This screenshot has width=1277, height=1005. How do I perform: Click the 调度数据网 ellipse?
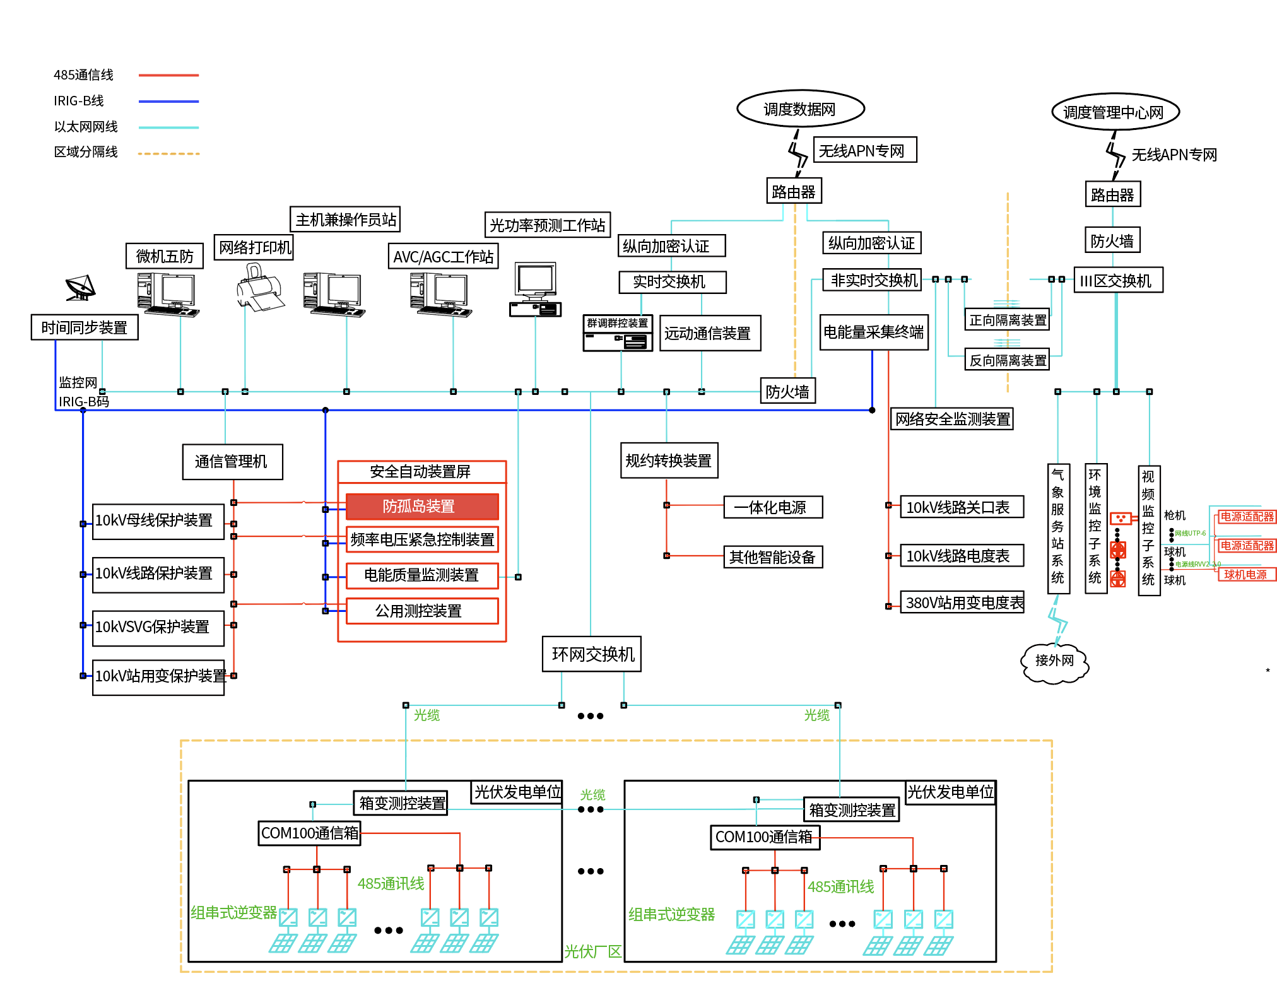click(x=800, y=109)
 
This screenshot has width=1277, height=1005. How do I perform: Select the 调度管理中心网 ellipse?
click(x=1114, y=112)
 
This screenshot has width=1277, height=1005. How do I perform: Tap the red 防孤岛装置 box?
click(x=421, y=507)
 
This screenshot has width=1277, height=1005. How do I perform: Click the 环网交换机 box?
click(x=592, y=654)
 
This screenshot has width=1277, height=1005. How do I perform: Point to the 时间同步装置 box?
click(x=85, y=327)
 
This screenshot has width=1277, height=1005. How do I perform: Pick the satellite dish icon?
click(x=81, y=288)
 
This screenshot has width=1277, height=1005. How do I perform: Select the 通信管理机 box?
click(x=232, y=462)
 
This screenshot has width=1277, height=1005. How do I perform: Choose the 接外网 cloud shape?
click(x=1054, y=661)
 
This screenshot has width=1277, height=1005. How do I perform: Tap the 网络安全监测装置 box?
click(x=952, y=419)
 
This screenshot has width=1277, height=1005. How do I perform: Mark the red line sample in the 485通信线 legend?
click(x=168, y=75)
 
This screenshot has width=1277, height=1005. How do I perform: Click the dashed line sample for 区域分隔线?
click(x=168, y=153)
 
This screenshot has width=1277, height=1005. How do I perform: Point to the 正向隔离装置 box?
click(x=1007, y=320)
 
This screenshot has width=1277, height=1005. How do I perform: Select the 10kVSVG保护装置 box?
click(x=158, y=627)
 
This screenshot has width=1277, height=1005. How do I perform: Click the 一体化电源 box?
click(x=772, y=507)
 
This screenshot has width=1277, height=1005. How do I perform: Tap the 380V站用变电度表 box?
click(x=962, y=602)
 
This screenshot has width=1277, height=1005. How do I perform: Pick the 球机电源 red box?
click(x=1246, y=574)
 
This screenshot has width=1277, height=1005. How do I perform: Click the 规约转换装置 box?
click(x=669, y=461)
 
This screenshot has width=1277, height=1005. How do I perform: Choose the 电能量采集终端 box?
click(x=874, y=332)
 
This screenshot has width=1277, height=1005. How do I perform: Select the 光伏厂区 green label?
click(x=592, y=951)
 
